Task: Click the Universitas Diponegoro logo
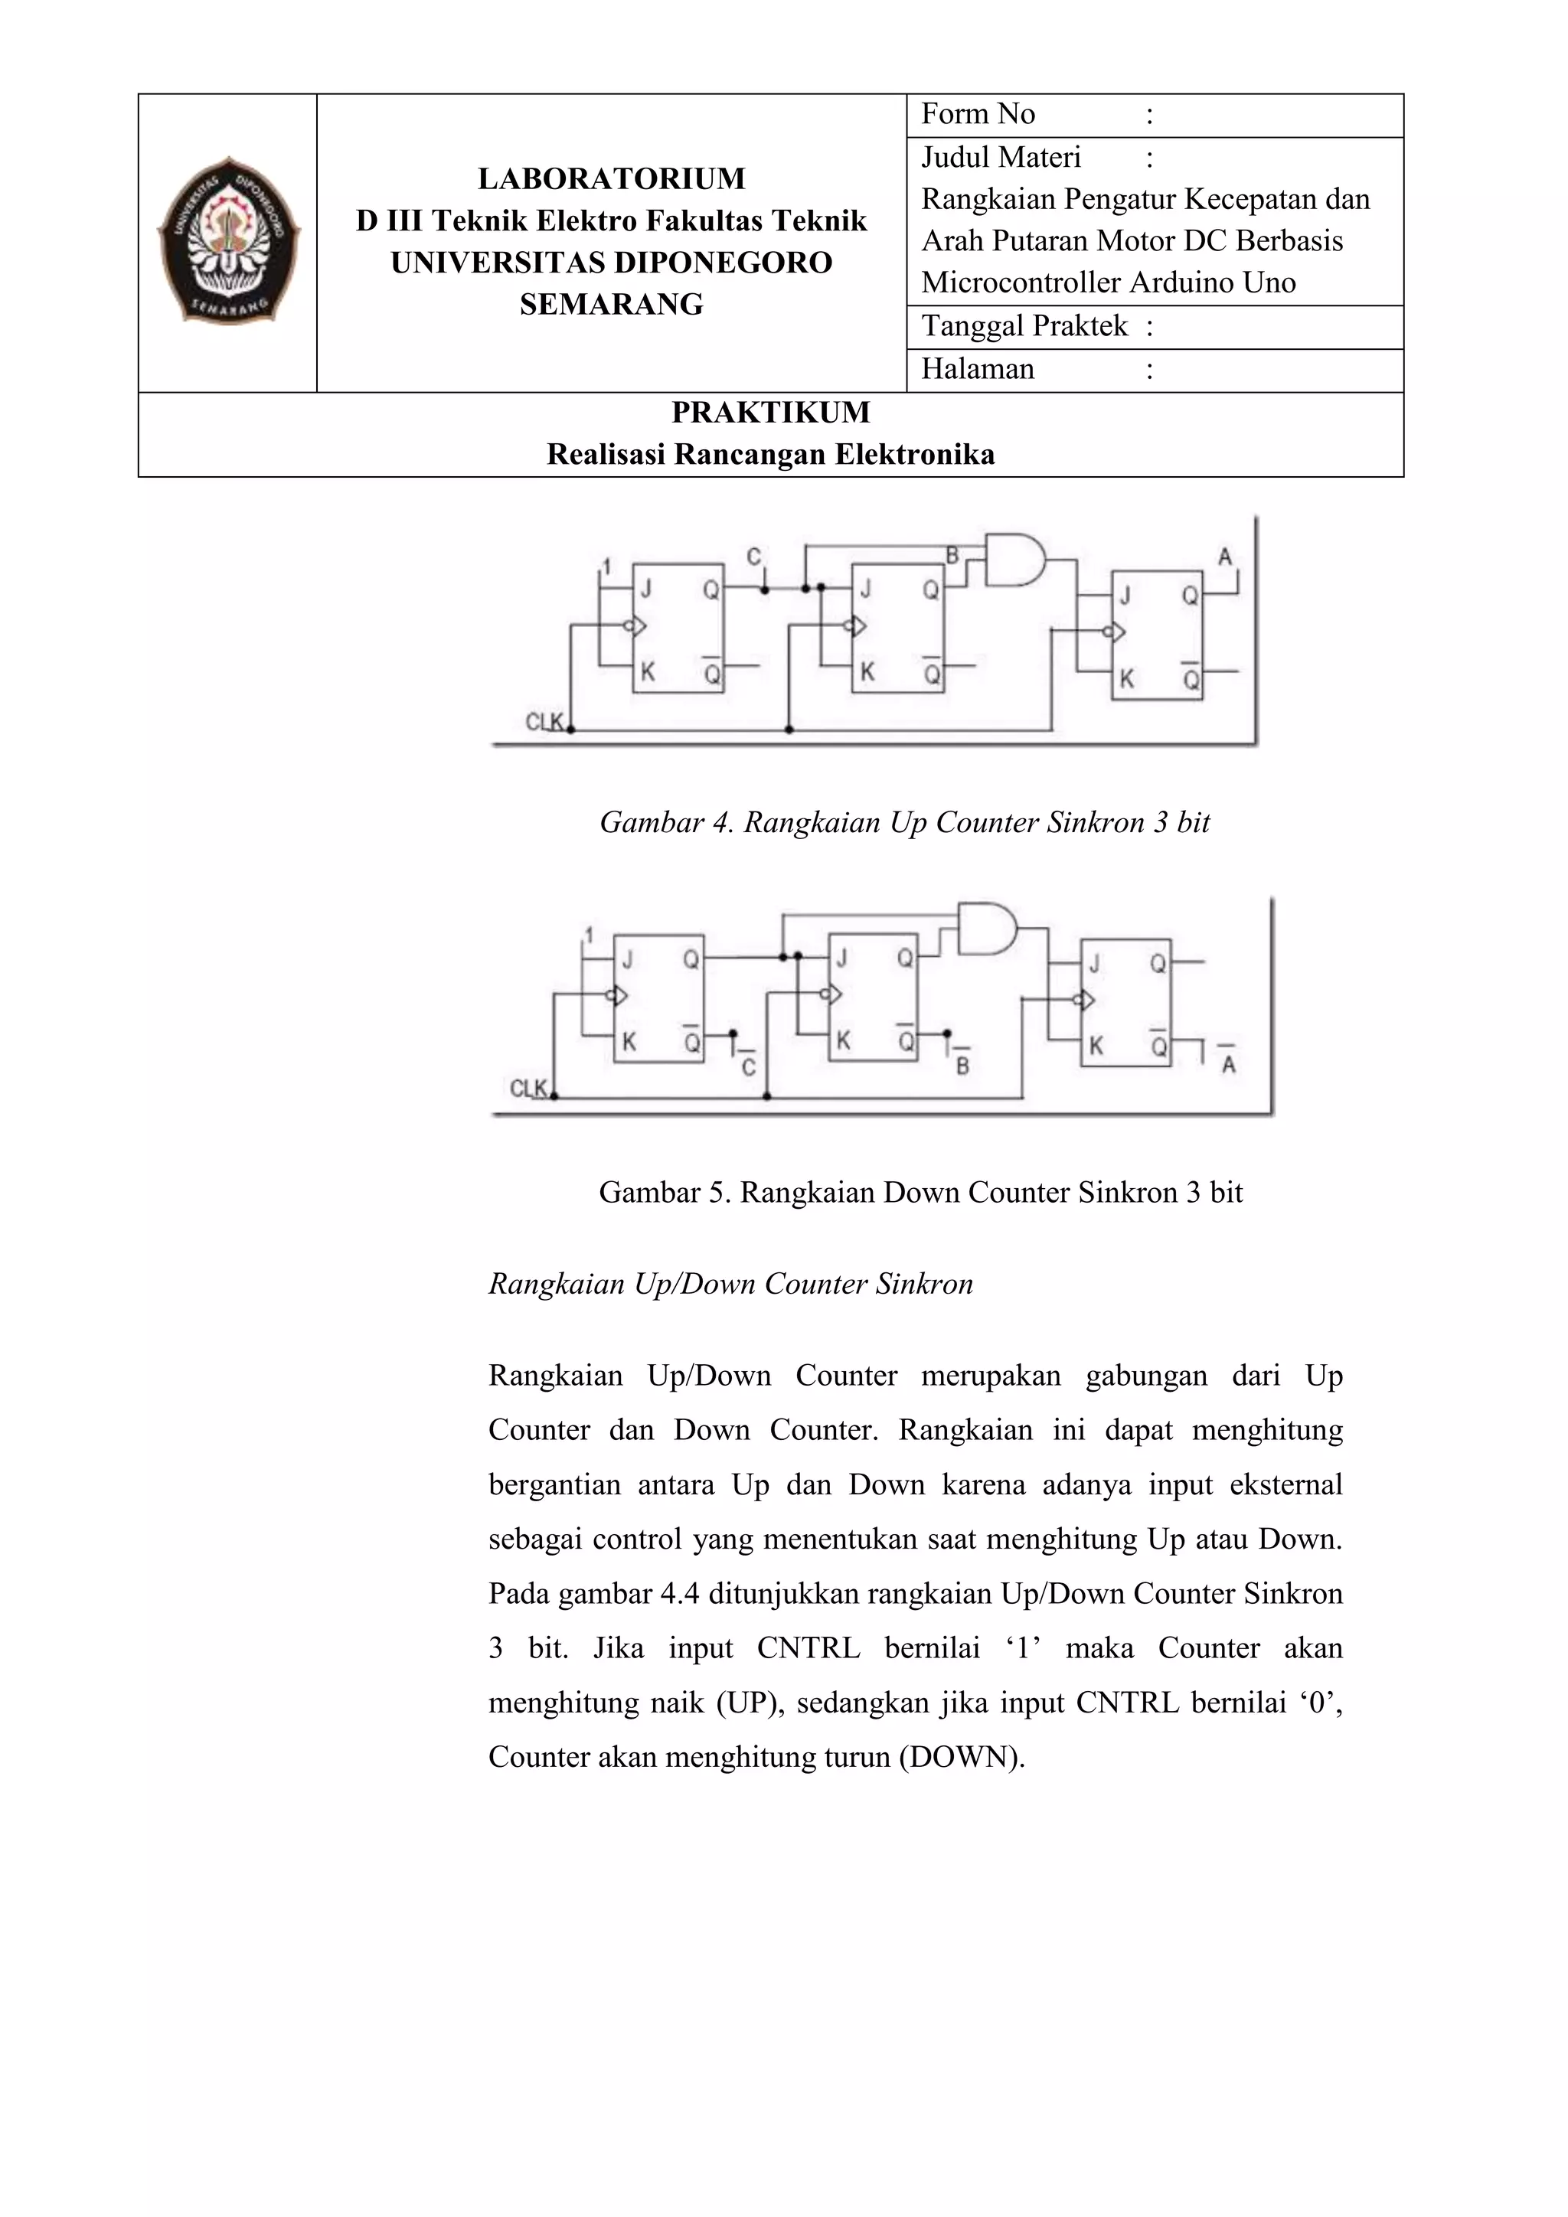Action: coord(229,240)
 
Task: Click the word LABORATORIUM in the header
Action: coord(611,178)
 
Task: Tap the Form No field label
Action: coord(977,115)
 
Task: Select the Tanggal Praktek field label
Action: coord(1024,326)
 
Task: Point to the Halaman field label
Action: coord(977,369)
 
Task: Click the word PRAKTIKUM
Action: coord(770,413)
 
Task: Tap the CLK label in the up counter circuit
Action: coord(544,721)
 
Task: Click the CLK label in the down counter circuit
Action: coord(528,1089)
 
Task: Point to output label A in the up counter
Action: coord(1225,557)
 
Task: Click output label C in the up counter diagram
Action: coord(754,557)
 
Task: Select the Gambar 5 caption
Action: coord(920,1193)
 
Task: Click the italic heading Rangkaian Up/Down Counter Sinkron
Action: coord(730,1285)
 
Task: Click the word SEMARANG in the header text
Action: coord(611,304)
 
